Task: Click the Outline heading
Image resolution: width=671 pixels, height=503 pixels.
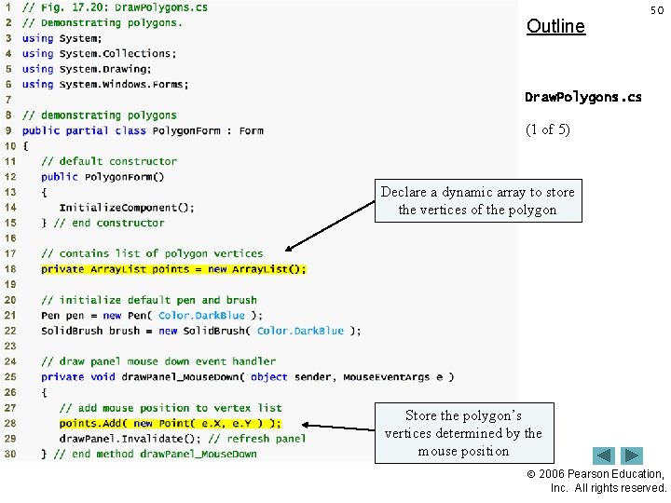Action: (x=555, y=26)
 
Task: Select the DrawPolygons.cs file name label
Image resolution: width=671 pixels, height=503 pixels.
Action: (x=583, y=97)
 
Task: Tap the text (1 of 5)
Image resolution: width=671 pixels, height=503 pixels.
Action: (x=548, y=129)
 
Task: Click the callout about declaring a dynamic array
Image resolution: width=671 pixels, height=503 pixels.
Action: (x=477, y=200)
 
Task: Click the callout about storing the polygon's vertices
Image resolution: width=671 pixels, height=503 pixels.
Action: (x=463, y=433)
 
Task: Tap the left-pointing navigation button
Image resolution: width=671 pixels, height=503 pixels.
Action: (x=604, y=456)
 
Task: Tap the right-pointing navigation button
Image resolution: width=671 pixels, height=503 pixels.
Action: (x=633, y=456)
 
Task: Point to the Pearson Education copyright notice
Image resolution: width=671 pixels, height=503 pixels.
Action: (x=609, y=481)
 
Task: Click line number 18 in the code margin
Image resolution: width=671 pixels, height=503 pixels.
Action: (x=9, y=269)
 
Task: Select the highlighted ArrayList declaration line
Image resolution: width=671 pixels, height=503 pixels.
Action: (x=173, y=269)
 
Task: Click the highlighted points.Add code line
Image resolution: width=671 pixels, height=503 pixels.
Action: (x=170, y=423)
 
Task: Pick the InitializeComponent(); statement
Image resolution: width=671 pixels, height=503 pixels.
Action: (x=127, y=208)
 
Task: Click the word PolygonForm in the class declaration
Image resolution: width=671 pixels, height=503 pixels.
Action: (x=186, y=131)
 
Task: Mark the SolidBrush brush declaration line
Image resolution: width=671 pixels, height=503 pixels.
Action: (x=200, y=331)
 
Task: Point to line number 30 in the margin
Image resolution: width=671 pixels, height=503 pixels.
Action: (x=9, y=454)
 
